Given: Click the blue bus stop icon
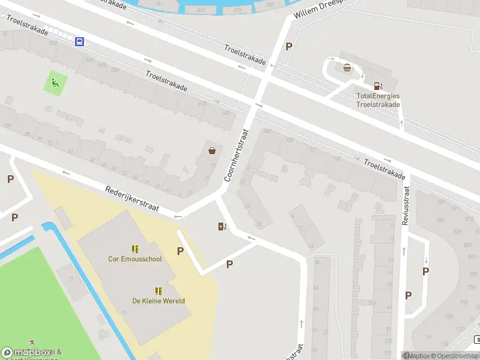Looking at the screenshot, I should tap(79, 41).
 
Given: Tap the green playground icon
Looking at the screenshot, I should tap(55, 83).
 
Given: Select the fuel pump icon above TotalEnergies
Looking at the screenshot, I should tap(377, 86).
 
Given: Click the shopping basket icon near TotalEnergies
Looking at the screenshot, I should tap(347, 67).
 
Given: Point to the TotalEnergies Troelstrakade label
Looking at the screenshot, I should tap(378, 100).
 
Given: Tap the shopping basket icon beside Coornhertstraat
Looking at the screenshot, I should tap(212, 151).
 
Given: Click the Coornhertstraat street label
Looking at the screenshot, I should tap(236, 155).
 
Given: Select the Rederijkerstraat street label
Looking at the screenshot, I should tap(131, 198).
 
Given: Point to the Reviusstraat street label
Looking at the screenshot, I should tap(406, 206).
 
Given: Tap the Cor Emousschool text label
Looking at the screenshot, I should tap(135, 260).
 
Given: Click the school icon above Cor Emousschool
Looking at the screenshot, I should tap(135, 248).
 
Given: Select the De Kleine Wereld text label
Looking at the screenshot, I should tap(158, 301).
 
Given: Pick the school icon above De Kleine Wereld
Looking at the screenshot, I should tap(158, 290).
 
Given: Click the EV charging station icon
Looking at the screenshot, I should tap(222, 226).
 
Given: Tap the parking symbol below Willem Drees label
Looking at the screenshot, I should tap(289, 46).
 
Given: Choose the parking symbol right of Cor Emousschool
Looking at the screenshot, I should tap(180, 251).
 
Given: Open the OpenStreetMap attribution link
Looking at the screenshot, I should tap(455, 356).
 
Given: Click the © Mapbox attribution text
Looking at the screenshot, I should tap(416, 356).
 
